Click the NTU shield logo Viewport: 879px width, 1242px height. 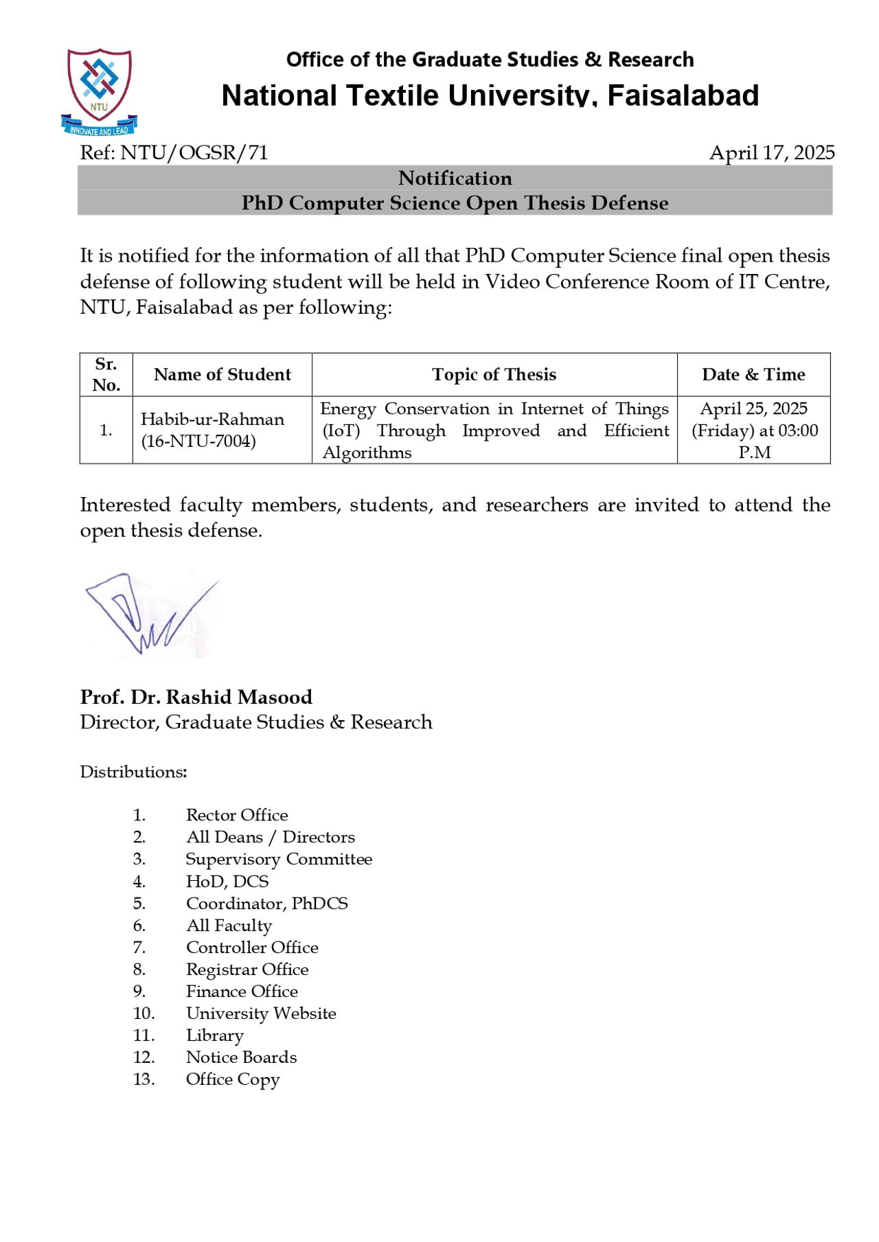[x=99, y=89]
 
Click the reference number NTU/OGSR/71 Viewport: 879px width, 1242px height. [x=194, y=152]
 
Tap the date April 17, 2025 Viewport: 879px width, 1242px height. [x=772, y=152]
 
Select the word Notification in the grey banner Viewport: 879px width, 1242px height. [x=455, y=179]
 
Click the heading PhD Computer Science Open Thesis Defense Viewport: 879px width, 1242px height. [x=455, y=203]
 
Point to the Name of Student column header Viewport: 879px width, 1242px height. [x=222, y=374]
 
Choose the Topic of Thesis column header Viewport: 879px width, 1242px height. [x=494, y=374]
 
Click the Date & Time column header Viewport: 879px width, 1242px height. [x=753, y=374]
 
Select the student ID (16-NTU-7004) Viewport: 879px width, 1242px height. [x=198, y=441]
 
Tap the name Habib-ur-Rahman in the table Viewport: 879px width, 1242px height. [x=212, y=419]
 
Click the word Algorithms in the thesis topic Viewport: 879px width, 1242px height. [x=367, y=452]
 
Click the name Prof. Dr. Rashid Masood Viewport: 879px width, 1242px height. [x=196, y=697]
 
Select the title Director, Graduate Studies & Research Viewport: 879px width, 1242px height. [x=256, y=722]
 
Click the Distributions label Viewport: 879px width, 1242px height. [x=133, y=772]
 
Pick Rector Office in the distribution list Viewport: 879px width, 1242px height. [x=237, y=815]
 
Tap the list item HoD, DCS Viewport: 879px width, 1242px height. [x=227, y=881]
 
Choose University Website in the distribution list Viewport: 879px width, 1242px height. [x=261, y=1013]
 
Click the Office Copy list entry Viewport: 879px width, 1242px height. [x=233, y=1079]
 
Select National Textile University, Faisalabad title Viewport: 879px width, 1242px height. [x=490, y=95]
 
